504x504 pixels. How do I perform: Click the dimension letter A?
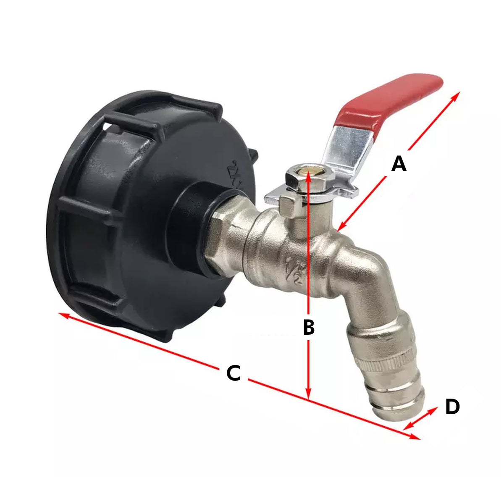(399, 164)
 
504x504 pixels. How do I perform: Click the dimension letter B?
(309, 327)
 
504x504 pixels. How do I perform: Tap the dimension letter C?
(234, 373)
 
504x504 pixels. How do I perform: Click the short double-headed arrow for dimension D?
(420, 418)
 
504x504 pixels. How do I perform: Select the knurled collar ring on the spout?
(388, 361)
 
